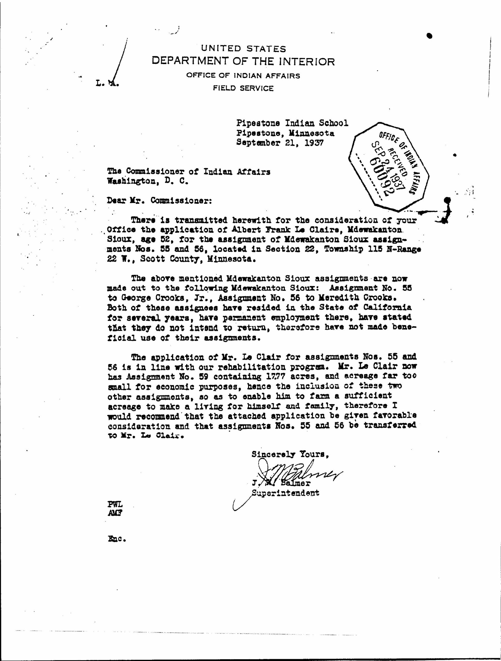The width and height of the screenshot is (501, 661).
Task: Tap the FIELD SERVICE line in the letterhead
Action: coord(243,88)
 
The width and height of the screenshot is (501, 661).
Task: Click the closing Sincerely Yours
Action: coord(290,454)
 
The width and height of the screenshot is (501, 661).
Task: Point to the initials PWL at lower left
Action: coord(115,505)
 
